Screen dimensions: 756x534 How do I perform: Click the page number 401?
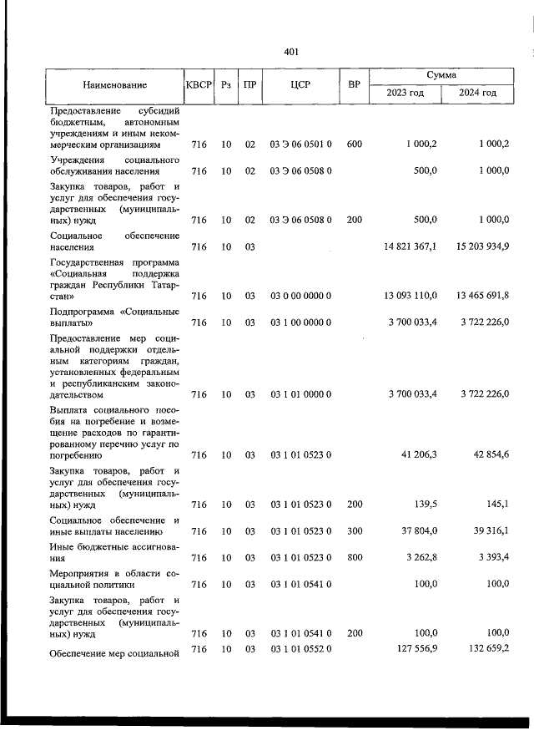[x=291, y=52]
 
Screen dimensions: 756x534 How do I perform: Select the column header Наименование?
[x=115, y=84]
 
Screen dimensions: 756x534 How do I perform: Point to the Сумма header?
[x=441, y=75]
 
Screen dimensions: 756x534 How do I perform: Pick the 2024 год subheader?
[x=477, y=93]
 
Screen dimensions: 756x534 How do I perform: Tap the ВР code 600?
[x=354, y=145]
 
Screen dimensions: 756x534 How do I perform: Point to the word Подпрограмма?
[x=84, y=312]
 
